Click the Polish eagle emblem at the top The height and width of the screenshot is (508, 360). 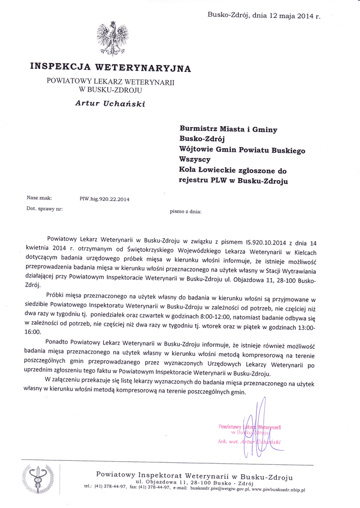[x=111, y=39]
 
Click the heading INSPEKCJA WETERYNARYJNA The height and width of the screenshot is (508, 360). [x=110, y=67]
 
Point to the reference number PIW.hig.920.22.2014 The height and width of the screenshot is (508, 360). [x=104, y=199]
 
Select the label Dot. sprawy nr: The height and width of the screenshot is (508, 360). [x=44, y=209]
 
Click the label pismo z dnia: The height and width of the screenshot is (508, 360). [x=186, y=211]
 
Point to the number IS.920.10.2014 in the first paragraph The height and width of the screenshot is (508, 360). [x=267, y=244]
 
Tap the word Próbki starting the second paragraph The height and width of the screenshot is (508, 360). [x=57, y=293]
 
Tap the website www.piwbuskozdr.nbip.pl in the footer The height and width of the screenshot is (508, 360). [x=279, y=489]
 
